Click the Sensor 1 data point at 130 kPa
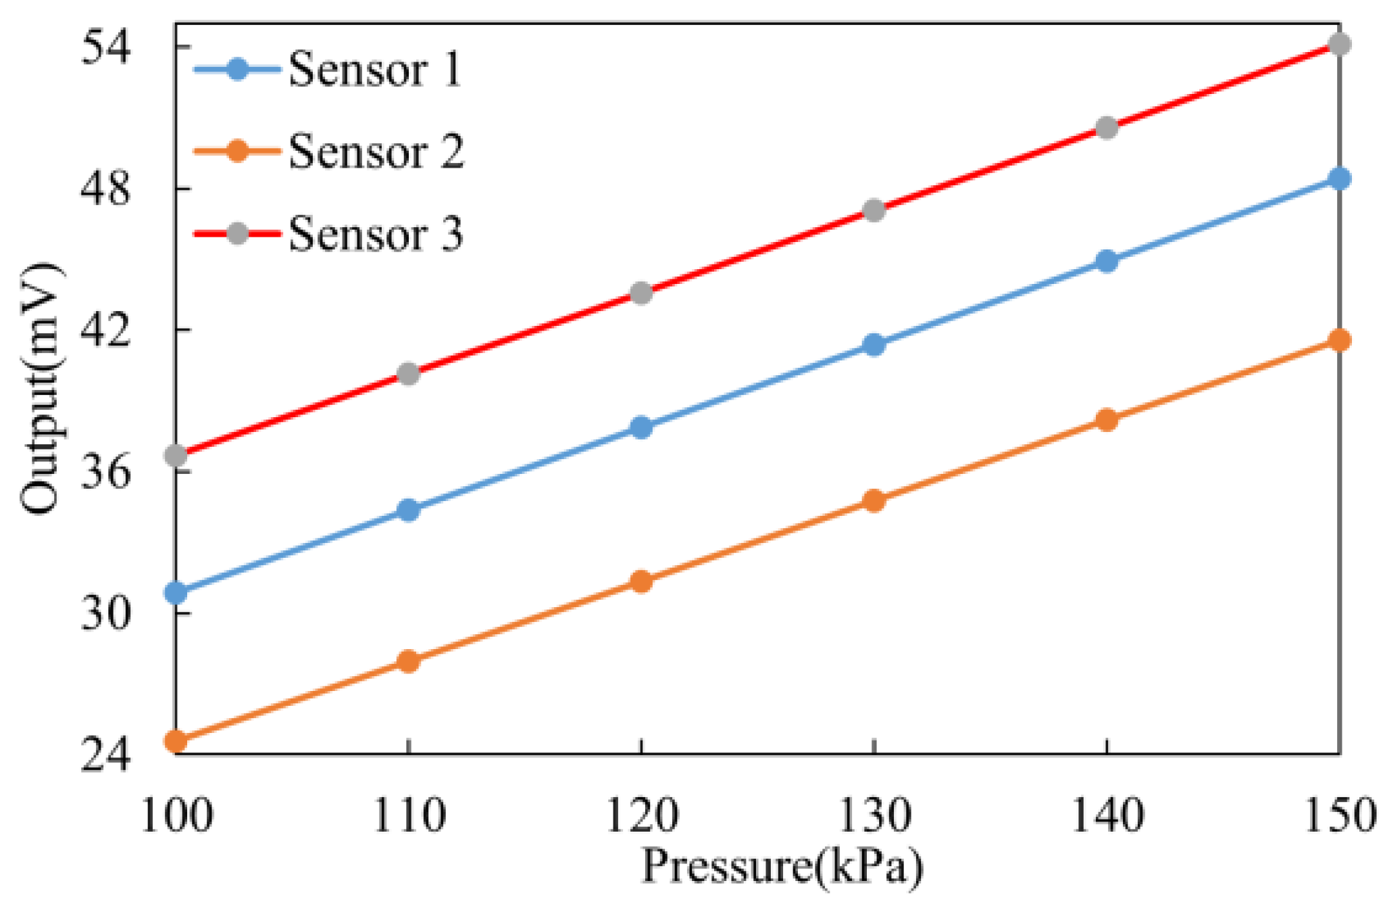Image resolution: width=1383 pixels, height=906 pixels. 874,345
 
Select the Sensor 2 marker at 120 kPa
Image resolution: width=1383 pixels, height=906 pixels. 640,581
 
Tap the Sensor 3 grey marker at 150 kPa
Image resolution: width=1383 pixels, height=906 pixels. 1339,45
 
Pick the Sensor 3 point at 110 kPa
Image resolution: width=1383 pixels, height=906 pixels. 408,373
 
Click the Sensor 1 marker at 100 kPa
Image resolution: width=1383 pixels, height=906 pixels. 176,593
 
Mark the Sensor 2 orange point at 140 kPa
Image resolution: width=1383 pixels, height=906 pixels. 1106,420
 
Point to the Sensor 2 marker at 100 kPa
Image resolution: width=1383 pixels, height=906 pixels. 176,741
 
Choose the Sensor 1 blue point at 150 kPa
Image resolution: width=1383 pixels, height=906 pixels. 1339,178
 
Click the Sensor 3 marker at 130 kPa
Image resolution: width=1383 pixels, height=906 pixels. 874,210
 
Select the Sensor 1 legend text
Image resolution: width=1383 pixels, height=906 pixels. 375,69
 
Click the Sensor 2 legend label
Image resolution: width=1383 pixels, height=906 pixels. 376,151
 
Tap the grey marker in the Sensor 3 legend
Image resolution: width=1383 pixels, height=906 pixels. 237,233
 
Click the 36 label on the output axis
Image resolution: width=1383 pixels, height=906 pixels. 105,472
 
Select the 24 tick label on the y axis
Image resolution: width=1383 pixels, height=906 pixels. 105,755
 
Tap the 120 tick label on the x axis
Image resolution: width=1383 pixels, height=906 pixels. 640,816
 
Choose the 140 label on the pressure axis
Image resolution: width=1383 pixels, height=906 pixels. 1106,816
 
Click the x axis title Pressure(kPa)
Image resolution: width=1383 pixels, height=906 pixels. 782,867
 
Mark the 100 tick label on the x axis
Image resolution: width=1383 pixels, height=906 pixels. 176,816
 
